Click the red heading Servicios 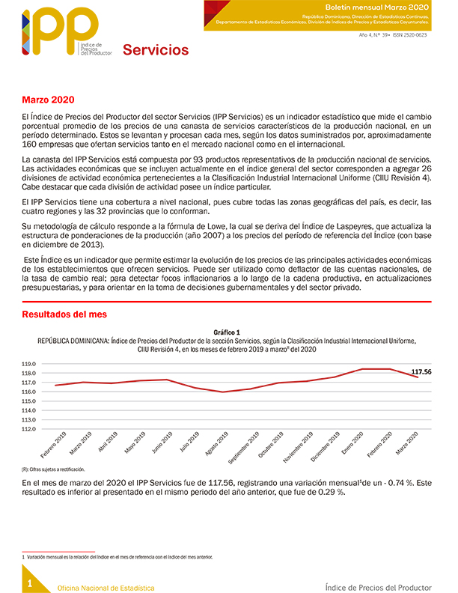click(x=156, y=50)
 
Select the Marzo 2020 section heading click(x=48, y=100)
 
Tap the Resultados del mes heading click(x=64, y=314)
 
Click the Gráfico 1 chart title click(x=227, y=332)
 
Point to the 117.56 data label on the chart click(x=422, y=371)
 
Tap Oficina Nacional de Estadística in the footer click(x=106, y=588)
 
